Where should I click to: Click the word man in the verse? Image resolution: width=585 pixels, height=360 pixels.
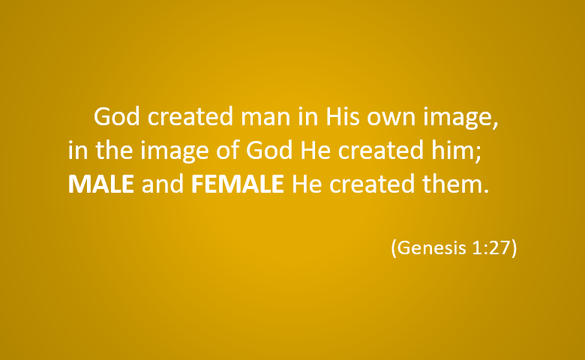point(265,117)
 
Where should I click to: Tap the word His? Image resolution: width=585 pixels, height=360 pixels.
point(343,116)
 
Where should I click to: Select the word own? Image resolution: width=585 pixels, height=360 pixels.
point(391,118)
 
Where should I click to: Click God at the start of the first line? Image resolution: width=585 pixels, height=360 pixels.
point(117,116)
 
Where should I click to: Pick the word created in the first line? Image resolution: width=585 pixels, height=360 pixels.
point(190,116)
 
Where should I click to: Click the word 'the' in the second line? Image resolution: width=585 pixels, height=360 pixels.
point(114,150)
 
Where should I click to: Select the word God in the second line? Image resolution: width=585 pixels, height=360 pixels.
point(269,150)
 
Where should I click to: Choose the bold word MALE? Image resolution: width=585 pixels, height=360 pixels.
point(101,184)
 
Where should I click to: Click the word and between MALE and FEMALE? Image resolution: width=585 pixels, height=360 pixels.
point(163,184)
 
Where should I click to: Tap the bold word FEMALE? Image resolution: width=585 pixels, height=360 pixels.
point(238,184)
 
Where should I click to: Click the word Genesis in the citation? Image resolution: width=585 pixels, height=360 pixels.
point(432,247)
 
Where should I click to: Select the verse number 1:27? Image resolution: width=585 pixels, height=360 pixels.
point(491,247)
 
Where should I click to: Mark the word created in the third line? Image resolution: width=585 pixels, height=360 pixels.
point(371,184)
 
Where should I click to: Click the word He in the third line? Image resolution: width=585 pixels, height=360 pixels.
point(307,184)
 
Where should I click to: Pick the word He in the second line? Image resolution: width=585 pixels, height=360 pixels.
point(316,150)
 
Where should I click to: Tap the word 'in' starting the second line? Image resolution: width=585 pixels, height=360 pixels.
point(77,150)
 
